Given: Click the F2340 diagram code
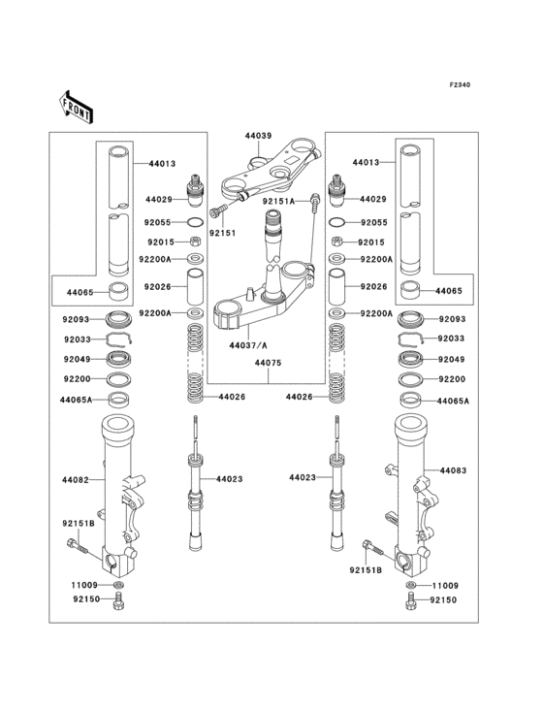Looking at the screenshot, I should (460, 85).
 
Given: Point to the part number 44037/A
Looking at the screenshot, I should (249, 345).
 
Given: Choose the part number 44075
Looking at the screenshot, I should (270, 364).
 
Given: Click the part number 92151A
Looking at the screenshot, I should (281, 201).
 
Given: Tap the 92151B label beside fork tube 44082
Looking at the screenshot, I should (80, 525).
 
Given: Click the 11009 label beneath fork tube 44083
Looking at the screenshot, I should (444, 587).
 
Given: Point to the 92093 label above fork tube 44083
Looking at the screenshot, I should (452, 318).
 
